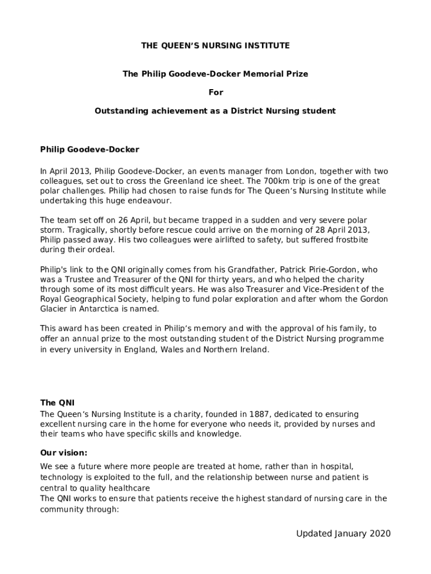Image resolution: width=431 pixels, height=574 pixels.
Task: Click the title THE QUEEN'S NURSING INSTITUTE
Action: (x=215, y=45)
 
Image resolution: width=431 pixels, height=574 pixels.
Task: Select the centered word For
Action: (x=215, y=92)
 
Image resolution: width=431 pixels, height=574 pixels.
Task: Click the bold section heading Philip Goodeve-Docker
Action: (x=90, y=150)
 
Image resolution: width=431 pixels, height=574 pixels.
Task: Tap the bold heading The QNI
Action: (x=57, y=402)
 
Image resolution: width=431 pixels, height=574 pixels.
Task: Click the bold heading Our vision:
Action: (x=64, y=452)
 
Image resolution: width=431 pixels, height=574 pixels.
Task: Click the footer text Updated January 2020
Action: (x=343, y=533)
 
